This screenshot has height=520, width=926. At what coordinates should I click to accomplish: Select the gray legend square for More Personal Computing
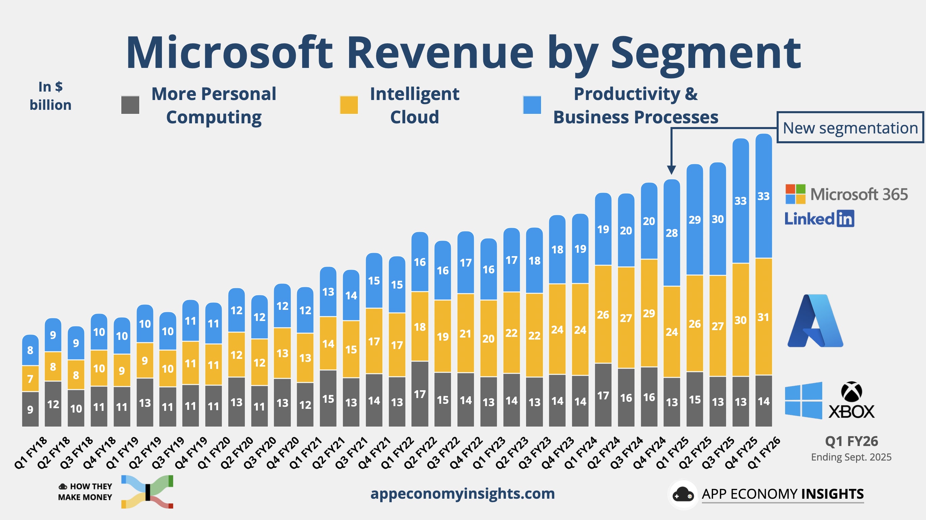point(130,105)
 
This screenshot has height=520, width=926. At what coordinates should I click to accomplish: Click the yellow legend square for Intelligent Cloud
point(349,105)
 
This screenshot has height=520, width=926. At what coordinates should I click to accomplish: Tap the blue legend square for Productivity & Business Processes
point(532,105)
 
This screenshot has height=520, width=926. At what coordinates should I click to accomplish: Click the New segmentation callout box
point(850,128)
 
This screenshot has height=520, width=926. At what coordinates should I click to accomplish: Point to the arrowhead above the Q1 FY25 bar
point(671,170)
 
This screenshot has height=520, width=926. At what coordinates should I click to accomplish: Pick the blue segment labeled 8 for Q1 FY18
point(30,350)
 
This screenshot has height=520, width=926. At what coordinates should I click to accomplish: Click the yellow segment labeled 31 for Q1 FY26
point(763,317)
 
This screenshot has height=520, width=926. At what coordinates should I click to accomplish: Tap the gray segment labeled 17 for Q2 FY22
point(419,394)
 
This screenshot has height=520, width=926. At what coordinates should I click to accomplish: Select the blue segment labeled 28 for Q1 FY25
point(672,233)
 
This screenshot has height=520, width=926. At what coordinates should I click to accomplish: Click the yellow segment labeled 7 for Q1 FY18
point(30,378)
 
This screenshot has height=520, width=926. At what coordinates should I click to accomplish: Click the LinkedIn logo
point(819,219)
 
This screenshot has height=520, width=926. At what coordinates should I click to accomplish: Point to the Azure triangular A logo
point(815,321)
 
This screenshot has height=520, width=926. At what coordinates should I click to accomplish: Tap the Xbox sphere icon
point(851,391)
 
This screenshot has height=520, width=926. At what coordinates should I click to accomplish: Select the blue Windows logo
point(803,400)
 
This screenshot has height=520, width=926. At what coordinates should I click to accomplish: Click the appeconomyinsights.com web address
point(462,493)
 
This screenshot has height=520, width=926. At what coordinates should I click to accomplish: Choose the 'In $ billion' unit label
point(50,96)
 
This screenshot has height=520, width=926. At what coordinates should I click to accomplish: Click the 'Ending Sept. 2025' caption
point(851,457)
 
